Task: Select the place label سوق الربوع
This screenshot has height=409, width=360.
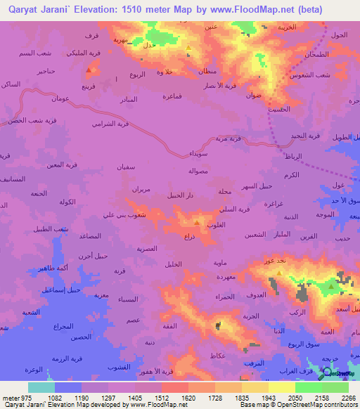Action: coord(287,344)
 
